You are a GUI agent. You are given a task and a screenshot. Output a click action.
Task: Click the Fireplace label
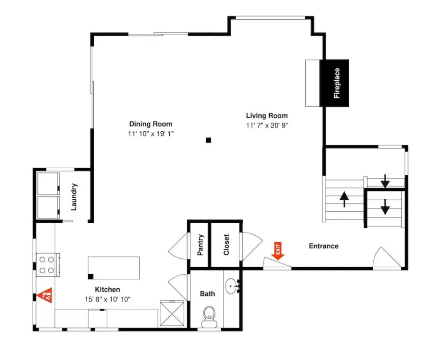point(337,83)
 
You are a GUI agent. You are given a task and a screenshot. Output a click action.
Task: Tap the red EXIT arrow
point(278,251)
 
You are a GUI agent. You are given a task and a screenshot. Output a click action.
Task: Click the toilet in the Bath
point(209,316)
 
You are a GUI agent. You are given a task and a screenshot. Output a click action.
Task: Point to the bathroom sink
point(232,286)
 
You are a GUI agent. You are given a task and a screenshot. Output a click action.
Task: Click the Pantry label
point(200,245)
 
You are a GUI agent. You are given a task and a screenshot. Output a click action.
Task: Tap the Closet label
point(226,245)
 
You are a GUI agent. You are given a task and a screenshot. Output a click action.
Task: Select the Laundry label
point(74,197)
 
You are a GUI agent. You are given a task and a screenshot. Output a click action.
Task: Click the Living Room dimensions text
point(267,125)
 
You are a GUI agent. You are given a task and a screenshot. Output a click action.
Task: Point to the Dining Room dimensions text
point(150,134)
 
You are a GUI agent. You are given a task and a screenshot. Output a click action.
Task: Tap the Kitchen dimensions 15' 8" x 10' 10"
point(108,300)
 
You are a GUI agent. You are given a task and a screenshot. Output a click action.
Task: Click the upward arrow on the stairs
point(344,199)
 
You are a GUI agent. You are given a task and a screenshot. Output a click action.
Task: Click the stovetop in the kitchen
point(47,265)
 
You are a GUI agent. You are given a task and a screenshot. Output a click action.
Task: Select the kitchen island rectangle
point(114,268)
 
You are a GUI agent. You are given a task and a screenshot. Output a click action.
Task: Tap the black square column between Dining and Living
point(208,140)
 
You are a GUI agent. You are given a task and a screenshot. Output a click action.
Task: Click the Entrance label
point(323,246)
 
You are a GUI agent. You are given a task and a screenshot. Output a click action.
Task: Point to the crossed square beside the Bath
point(172,313)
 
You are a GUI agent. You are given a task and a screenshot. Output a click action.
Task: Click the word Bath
point(207,293)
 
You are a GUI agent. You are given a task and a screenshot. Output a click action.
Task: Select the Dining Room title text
point(150,124)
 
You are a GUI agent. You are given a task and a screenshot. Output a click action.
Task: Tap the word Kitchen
point(108,289)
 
